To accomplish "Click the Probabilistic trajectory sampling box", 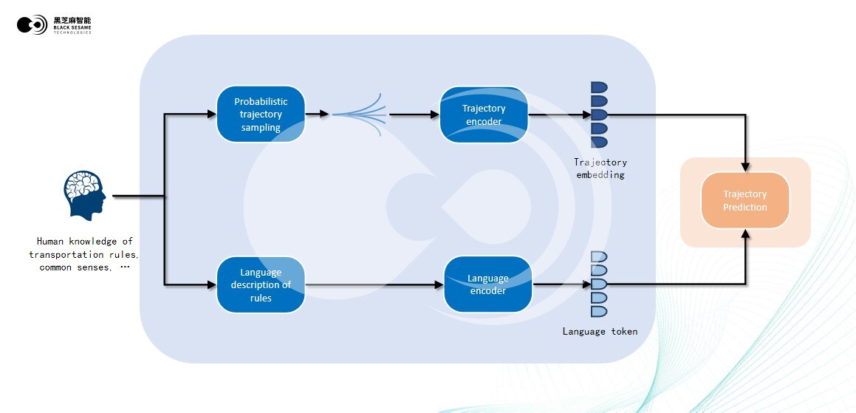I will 261,115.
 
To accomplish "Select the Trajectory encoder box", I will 484,115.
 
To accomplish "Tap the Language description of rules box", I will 261,284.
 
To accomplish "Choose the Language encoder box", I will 487,284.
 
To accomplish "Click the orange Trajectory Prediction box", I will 744,201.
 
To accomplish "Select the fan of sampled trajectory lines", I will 360,115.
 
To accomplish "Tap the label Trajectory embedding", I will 600,168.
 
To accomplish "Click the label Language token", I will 600,332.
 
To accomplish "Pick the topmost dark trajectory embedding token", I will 598,87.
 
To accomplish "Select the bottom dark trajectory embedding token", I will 598,142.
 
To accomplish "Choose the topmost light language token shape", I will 598,256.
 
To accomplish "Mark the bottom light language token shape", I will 598,311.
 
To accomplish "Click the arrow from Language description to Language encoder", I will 373,284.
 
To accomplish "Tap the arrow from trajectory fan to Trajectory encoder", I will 414,115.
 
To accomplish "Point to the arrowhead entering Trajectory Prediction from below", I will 746,233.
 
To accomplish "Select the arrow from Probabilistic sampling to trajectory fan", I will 318,115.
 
